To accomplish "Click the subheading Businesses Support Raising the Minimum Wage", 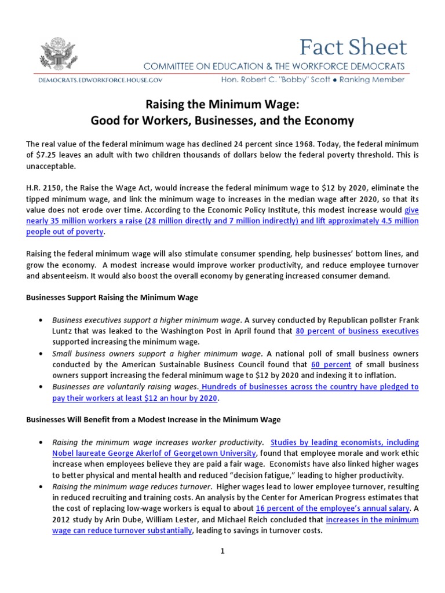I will (112, 298).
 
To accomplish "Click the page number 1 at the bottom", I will (222, 552).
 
